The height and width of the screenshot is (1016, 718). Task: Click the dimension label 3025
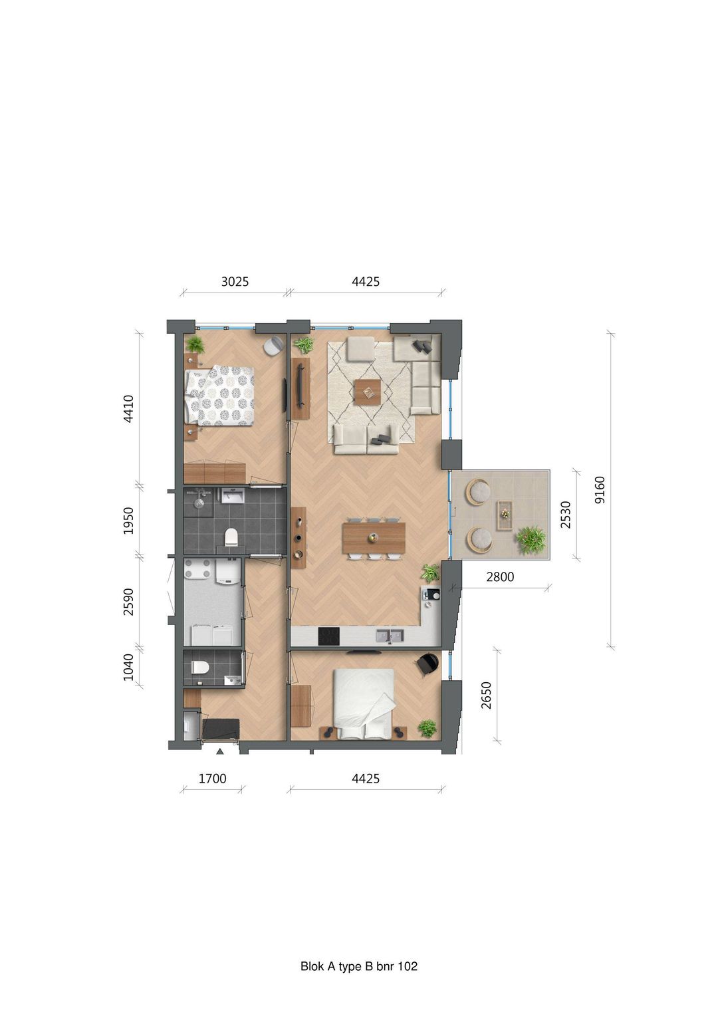235,281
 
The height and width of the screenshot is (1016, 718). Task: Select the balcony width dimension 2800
500,576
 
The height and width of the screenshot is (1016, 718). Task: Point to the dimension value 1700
213,778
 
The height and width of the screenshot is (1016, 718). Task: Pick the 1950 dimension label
129,521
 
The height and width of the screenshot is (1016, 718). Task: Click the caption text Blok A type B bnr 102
359,966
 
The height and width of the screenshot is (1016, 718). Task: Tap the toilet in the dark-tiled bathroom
231,537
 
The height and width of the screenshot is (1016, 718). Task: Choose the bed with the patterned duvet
219,396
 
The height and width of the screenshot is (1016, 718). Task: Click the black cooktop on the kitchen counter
328,636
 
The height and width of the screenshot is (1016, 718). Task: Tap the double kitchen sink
390,636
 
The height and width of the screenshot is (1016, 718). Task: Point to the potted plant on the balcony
531,539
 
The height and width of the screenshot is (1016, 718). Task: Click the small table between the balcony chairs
505,514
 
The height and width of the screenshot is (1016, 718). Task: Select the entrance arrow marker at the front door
219,751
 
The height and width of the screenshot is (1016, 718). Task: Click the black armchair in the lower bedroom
428,664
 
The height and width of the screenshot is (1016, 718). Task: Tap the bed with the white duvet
364,703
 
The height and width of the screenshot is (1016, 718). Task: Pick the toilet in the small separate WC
199,668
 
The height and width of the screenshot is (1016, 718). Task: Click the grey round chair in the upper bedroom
273,346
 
